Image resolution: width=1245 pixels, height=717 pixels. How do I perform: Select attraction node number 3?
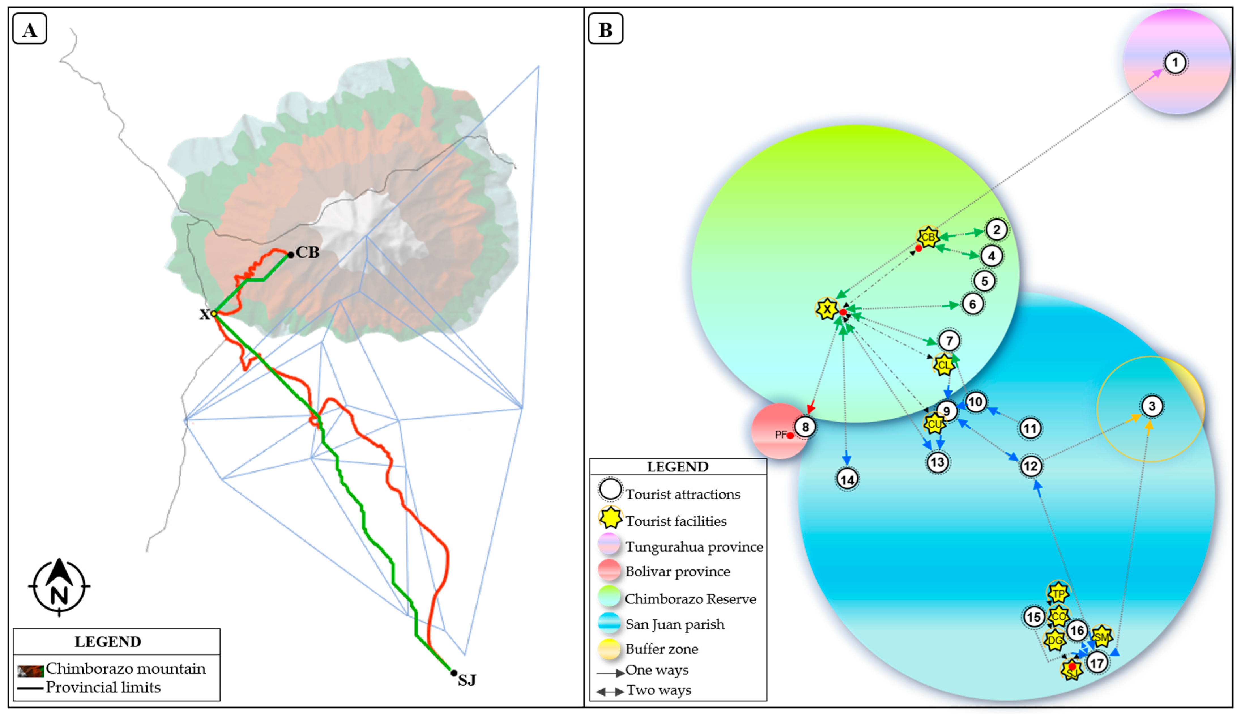tap(1152, 406)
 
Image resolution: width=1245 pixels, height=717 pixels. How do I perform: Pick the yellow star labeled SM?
tap(1101, 637)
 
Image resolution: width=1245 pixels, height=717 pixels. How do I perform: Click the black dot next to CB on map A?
tap(291, 255)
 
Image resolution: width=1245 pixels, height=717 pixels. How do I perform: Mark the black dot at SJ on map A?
tap(454, 673)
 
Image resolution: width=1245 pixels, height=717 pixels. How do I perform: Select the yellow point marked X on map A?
tap(214, 314)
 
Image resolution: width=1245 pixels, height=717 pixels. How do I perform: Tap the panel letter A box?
tap(29, 29)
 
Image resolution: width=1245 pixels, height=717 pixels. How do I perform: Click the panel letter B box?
tap(605, 29)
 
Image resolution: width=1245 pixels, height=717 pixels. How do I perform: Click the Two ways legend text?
tap(658, 690)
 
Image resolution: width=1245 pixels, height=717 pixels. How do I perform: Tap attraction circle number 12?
tap(1030, 466)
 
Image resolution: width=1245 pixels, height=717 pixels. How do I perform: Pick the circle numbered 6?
tap(972, 304)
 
